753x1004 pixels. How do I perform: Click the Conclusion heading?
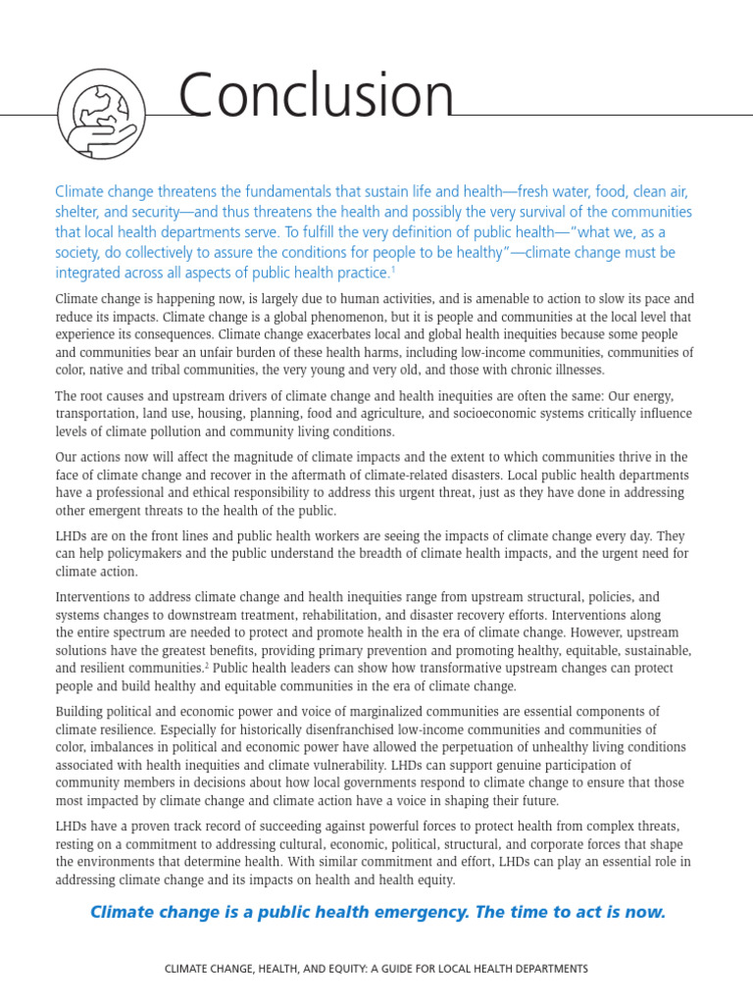[x=316, y=98]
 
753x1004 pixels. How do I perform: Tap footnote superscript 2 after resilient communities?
[x=207, y=665]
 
